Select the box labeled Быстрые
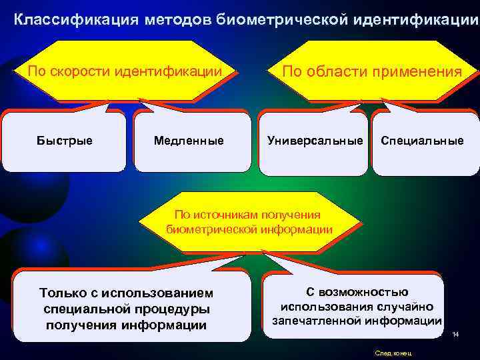pyautogui.click(x=65, y=141)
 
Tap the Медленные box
pyautogui.click(x=189, y=141)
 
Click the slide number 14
pyautogui.click(x=455, y=334)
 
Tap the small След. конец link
pyautogui.click(x=393, y=352)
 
